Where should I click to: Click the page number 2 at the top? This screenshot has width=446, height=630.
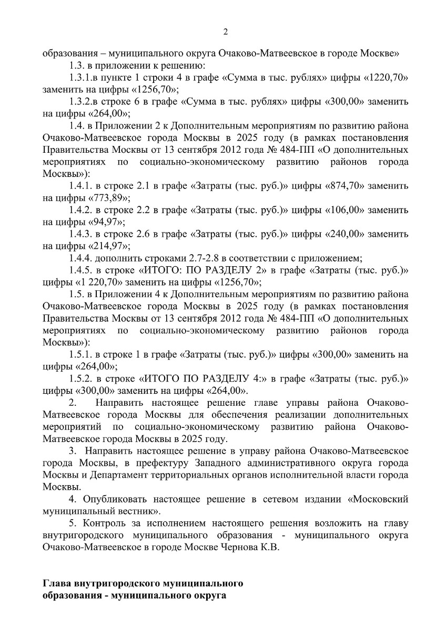(226, 32)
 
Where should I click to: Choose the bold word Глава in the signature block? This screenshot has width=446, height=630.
(56, 584)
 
